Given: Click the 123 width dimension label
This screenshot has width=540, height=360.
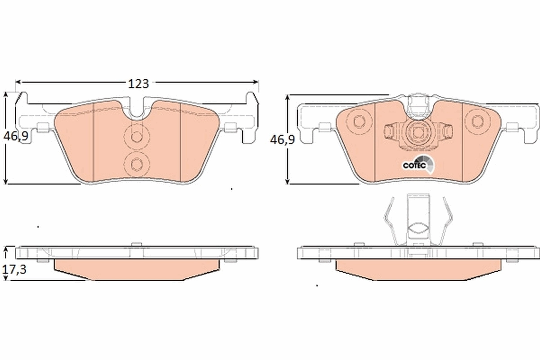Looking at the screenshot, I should click(x=138, y=83).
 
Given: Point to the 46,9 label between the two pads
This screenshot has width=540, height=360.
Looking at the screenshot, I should click(x=282, y=139).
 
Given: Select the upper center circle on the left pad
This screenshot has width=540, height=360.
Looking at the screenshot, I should click(x=135, y=135).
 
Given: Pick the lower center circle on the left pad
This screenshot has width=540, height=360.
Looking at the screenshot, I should click(x=135, y=163).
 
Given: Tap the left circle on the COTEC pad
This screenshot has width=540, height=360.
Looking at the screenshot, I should click(x=359, y=121).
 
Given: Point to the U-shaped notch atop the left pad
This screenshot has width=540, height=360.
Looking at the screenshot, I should click(x=138, y=110).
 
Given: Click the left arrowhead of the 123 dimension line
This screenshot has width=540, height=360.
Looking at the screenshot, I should click(x=18, y=82).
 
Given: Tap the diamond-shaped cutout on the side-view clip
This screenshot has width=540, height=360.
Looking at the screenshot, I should click(x=418, y=229).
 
